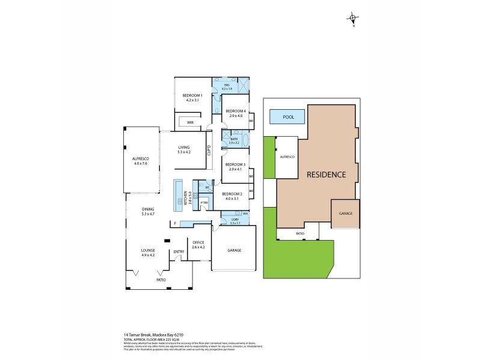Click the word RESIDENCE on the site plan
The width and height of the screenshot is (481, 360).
(326, 175)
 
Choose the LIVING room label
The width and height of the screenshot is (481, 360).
(183, 149)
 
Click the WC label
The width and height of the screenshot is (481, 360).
(206, 188)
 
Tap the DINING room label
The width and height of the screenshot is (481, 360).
(148, 211)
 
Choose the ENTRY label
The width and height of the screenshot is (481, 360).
(179, 251)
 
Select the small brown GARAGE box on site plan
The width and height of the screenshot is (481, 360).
(345, 214)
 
